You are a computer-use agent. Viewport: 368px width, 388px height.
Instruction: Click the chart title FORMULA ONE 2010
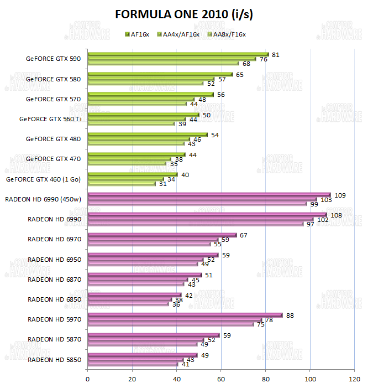click(185, 13)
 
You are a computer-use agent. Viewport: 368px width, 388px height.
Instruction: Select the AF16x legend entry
click(138, 34)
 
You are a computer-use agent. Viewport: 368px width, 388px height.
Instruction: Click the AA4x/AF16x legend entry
click(180, 34)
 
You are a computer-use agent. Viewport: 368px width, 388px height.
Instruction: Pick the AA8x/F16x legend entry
click(226, 34)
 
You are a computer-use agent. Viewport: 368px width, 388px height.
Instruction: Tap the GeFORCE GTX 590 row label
click(53, 59)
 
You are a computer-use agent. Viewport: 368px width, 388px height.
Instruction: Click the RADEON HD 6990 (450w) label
click(44, 199)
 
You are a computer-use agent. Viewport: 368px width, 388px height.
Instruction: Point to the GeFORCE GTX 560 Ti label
click(50, 118)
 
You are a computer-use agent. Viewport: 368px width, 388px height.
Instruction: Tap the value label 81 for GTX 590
click(276, 55)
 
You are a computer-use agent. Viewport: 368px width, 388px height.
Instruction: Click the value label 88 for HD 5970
click(290, 315)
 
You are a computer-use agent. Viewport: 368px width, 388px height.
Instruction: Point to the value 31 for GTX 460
click(162, 184)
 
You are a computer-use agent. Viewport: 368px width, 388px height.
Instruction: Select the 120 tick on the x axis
click(354, 379)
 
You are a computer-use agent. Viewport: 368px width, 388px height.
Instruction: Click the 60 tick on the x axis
click(221, 379)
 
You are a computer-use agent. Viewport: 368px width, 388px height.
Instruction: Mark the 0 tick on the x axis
click(88, 379)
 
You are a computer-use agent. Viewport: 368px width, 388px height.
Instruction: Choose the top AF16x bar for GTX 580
click(160, 74)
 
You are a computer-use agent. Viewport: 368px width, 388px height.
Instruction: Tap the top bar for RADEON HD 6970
click(162, 235)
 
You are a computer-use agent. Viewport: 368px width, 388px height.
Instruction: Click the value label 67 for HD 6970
click(243, 235)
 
